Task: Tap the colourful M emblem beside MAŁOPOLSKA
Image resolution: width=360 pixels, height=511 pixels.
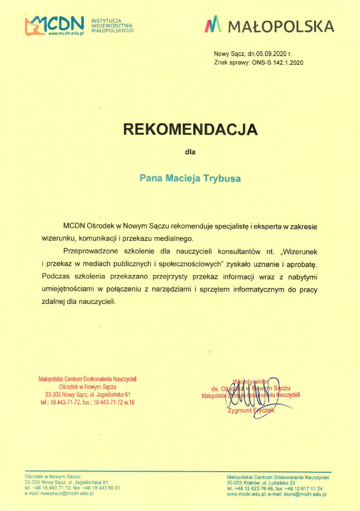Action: tap(213, 24)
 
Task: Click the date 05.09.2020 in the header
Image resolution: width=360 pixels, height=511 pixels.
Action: tap(268, 54)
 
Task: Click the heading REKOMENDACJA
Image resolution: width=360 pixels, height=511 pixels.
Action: tap(190, 130)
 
